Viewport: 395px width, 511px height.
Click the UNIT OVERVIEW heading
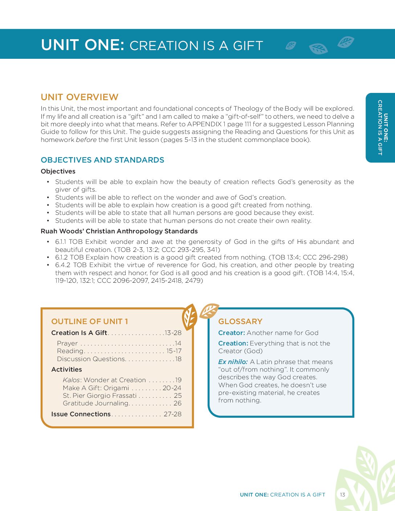click(80, 97)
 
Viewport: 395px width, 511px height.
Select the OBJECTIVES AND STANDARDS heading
click(102, 160)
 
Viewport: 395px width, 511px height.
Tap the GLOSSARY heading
click(240, 322)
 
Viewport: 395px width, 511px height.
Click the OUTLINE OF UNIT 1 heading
click(89, 322)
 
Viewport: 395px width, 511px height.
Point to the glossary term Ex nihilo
click(233, 362)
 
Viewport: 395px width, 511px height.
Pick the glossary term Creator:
click(232, 333)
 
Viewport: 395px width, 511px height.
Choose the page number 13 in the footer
click(342, 495)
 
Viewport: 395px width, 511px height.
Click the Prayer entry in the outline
click(67, 343)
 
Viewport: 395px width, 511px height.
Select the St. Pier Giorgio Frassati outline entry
click(99, 396)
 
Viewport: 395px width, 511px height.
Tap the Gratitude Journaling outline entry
click(95, 403)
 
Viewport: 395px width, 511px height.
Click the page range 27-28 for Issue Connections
click(172, 414)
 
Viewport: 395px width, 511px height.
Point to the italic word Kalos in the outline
click(71, 380)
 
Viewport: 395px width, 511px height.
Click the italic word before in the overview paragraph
click(86, 140)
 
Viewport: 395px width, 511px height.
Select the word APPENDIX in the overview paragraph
click(204, 124)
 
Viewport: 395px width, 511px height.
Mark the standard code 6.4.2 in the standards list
click(62, 265)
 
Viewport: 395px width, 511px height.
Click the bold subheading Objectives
click(58, 171)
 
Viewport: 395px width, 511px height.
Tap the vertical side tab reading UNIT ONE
click(380, 127)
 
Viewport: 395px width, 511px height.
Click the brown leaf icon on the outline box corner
click(189, 317)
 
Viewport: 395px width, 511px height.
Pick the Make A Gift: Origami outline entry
click(95, 388)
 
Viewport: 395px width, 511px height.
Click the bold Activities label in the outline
click(66, 369)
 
